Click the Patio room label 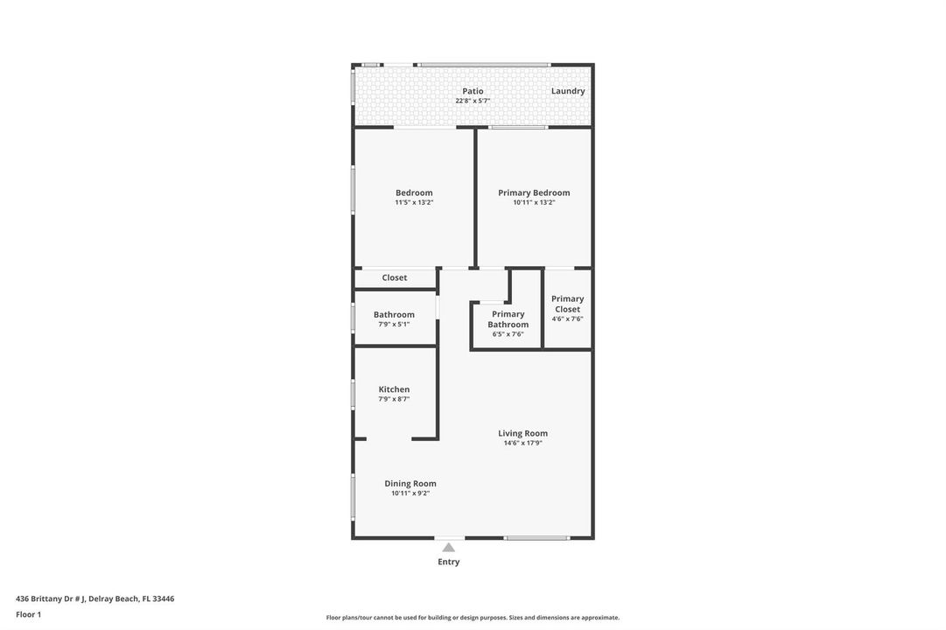click(473, 91)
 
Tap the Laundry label click(568, 91)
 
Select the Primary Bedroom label click(534, 193)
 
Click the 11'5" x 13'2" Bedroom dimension click(414, 203)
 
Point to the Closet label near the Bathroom click(395, 277)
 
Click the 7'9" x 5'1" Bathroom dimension click(394, 325)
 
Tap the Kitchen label click(394, 390)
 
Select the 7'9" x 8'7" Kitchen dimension click(394, 400)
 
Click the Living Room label click(523, 433)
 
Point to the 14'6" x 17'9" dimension click(523, 443)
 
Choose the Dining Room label click(410, 484)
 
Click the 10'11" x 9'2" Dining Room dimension click(410, 493)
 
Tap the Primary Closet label click(568, 304)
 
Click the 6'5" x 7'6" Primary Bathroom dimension click(508, 334)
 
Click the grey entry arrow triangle click(448, 548)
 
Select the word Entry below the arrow click(448, 562)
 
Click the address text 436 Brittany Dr click(50, 599)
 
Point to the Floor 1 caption click(28, 615)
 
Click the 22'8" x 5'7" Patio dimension click(473, 101)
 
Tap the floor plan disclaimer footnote click(473, 618)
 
